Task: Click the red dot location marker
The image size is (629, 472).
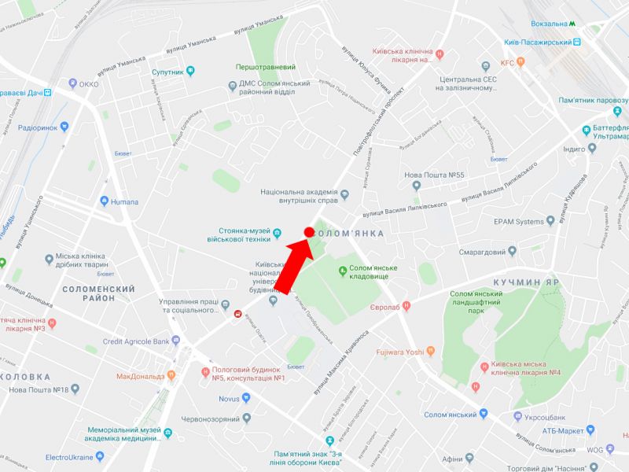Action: (x=309, y=232)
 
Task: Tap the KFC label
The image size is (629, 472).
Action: (x=507, y=63)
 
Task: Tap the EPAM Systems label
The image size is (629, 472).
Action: (x=519, y=222)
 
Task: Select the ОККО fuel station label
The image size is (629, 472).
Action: (x=89, y=83)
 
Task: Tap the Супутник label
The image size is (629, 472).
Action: (x=167, y=72)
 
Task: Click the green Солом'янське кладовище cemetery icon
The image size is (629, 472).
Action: (x=342, y=272)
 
